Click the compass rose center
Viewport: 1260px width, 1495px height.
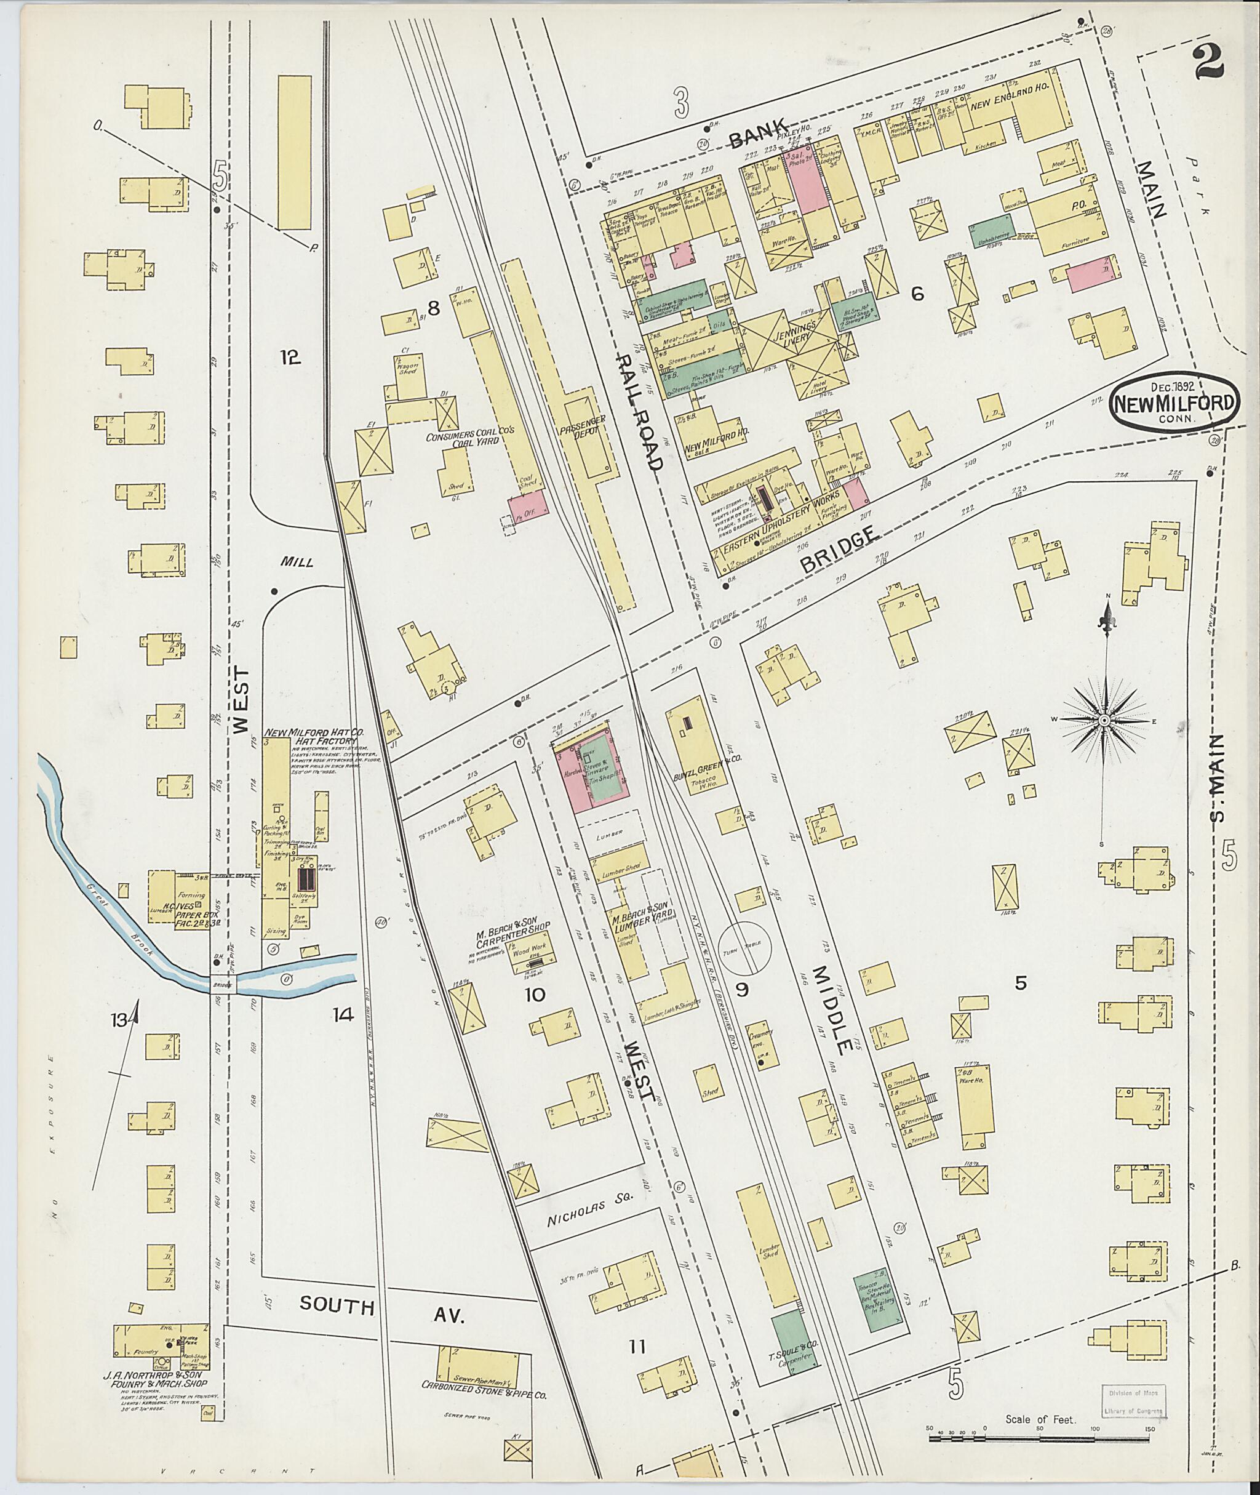(1104, 721)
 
